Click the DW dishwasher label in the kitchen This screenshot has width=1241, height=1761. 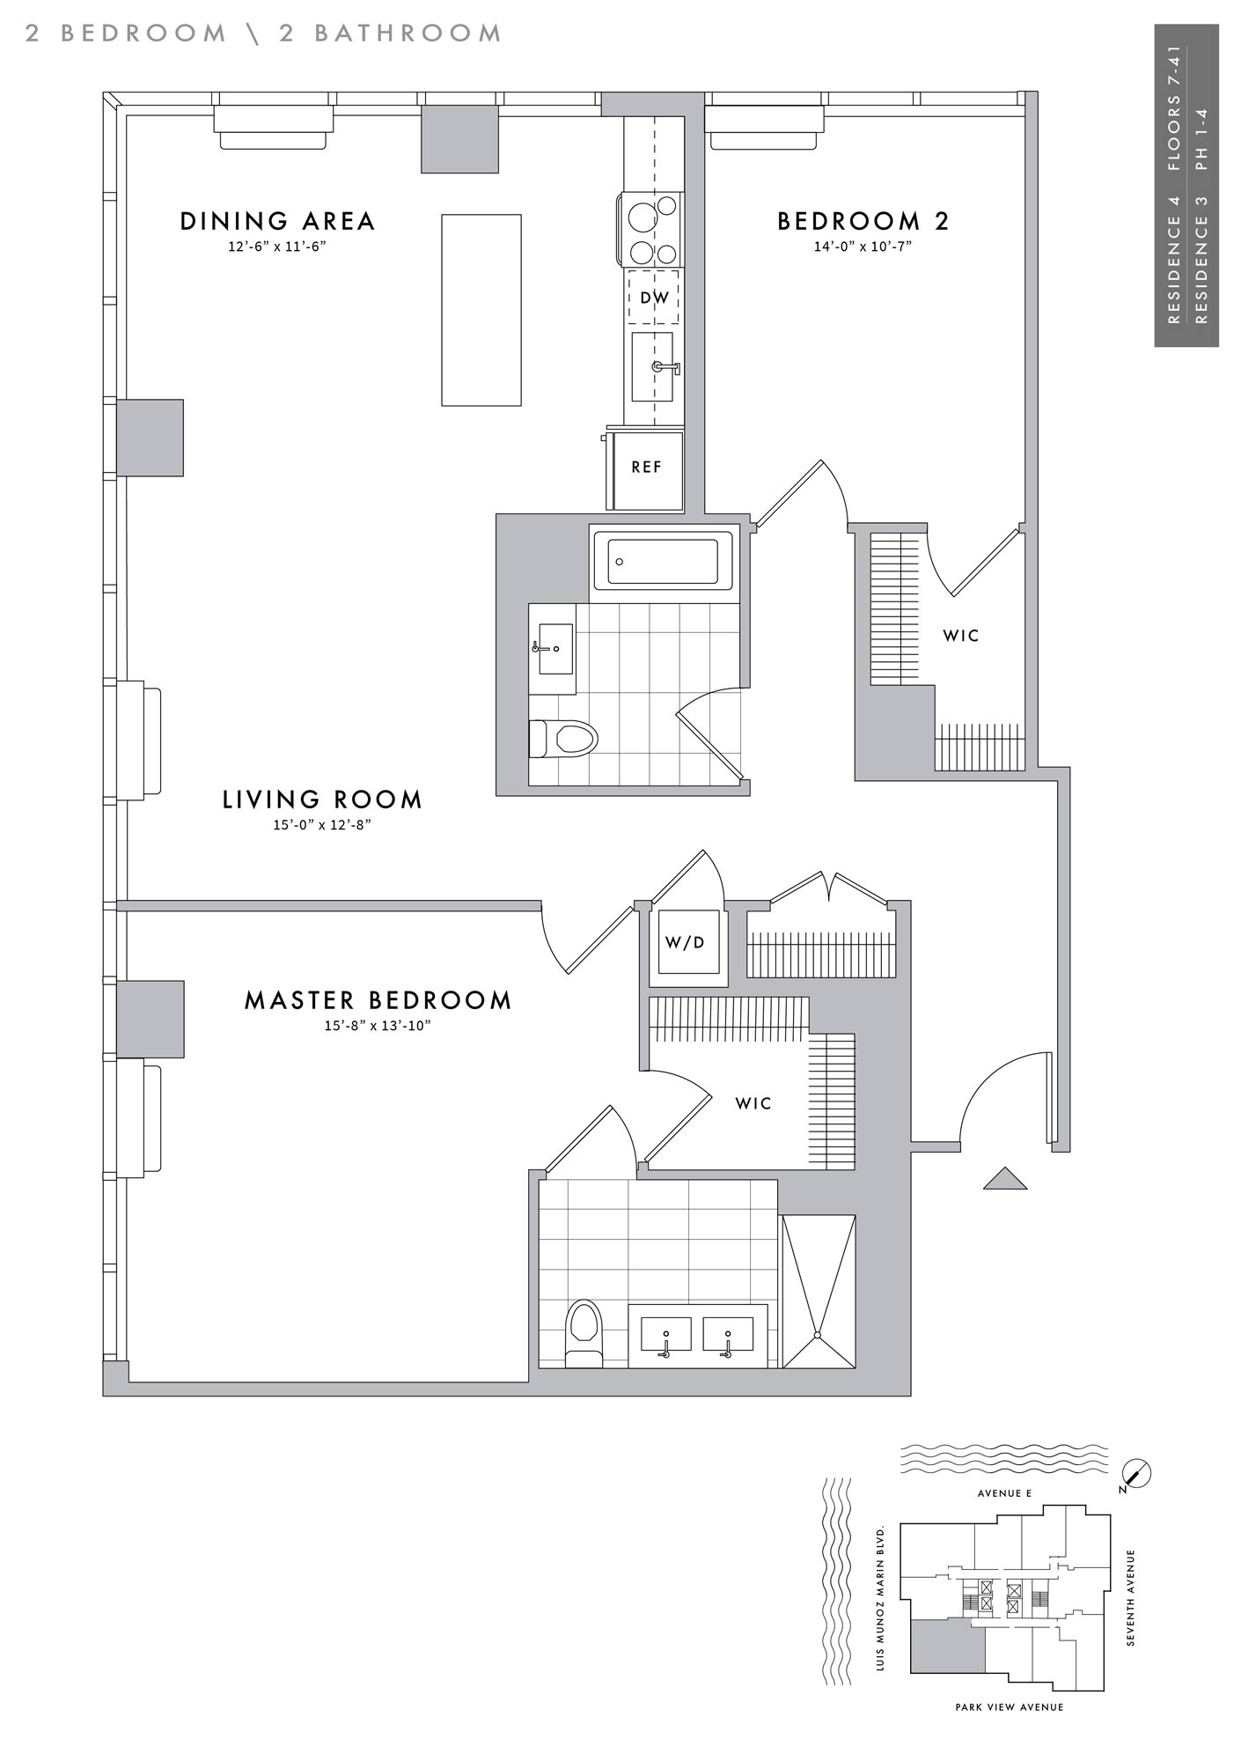pyautogui.click(x=654, y=298)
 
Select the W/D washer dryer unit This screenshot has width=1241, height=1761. pyautogui.click(x=688, y=942)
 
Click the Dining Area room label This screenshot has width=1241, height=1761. pyautogui.click(x=278, y=221)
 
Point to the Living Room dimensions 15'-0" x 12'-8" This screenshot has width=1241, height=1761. pyautogui.click(x=322, y=825)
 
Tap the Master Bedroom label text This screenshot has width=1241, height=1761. pyautogui.click(x=378, y=1000)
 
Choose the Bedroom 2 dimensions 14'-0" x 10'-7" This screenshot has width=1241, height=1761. pyautogui.click(x=863, y=247)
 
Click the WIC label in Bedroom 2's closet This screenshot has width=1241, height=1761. pyautogui.click(x=961, y=636)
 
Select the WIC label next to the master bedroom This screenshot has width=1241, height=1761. pyautogui.click(x=753, y=1103)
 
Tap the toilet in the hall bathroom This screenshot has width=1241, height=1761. pyautogui.click(x=563, y=739)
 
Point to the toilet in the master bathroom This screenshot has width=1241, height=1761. pyautogui.click(x=583, y=1333)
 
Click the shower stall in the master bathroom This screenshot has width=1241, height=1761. pyautogui.click(x=819, y=1292)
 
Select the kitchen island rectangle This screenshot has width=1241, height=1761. pyautogui.click(x=481, y=310)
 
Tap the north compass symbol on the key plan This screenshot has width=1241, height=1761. pyautogui.click(x=1136, y=1473)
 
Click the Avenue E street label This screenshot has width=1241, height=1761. pyautogui.click(x=1004, y=1493)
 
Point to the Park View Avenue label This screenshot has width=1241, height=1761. pyautogui.click(x=1010, y=1707)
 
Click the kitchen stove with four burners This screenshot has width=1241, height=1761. pyautogui.click(x=652, y=230)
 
